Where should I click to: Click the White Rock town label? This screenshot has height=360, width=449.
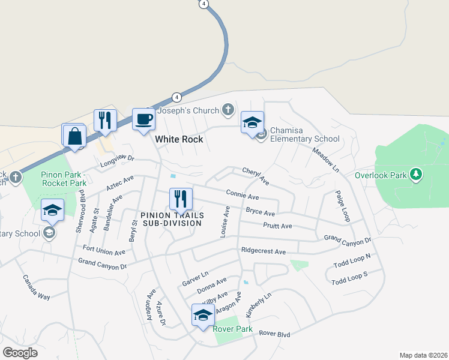179,139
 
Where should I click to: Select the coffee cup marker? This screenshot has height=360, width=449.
143,119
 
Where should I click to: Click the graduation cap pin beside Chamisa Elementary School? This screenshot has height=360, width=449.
253,123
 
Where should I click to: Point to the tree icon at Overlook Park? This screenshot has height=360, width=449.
415,175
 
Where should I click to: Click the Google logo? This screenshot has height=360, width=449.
20,353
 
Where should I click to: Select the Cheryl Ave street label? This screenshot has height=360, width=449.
255,176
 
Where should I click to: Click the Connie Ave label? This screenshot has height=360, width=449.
243,195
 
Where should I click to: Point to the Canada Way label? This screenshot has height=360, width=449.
36,287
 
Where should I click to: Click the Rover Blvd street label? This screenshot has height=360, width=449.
274,334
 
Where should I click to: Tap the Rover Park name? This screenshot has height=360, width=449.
228,328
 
